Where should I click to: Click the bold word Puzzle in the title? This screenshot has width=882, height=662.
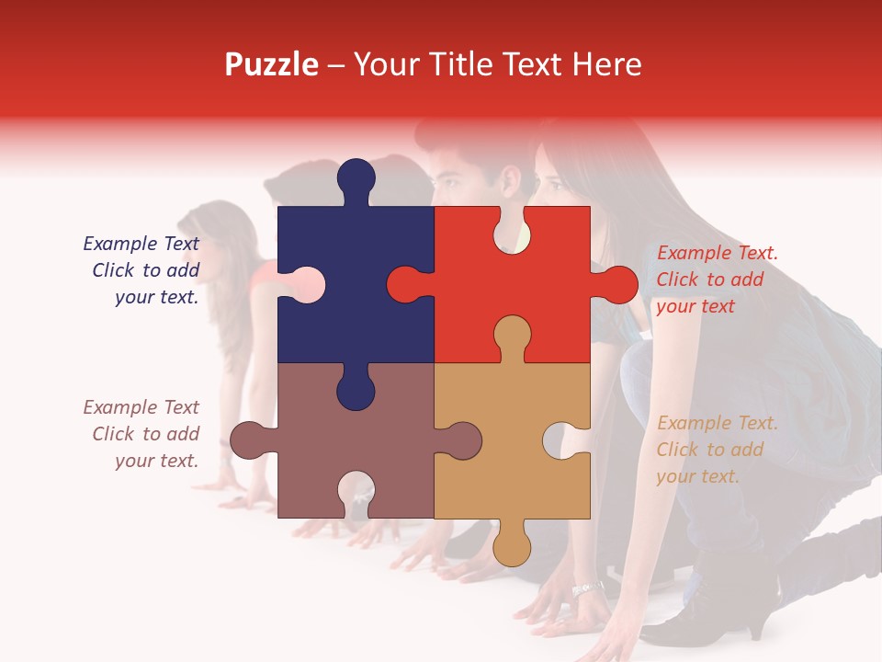click(x=271, y=64)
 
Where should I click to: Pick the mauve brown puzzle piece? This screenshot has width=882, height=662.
click(x=386, y=441)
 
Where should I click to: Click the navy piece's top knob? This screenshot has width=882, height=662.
click(x=356, y=179)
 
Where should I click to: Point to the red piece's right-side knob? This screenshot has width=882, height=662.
click(x=618, y=284)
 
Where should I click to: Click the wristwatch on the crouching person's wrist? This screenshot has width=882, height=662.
click(x=586, y=588)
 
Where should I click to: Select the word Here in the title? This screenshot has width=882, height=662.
click(x=606, y=64)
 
